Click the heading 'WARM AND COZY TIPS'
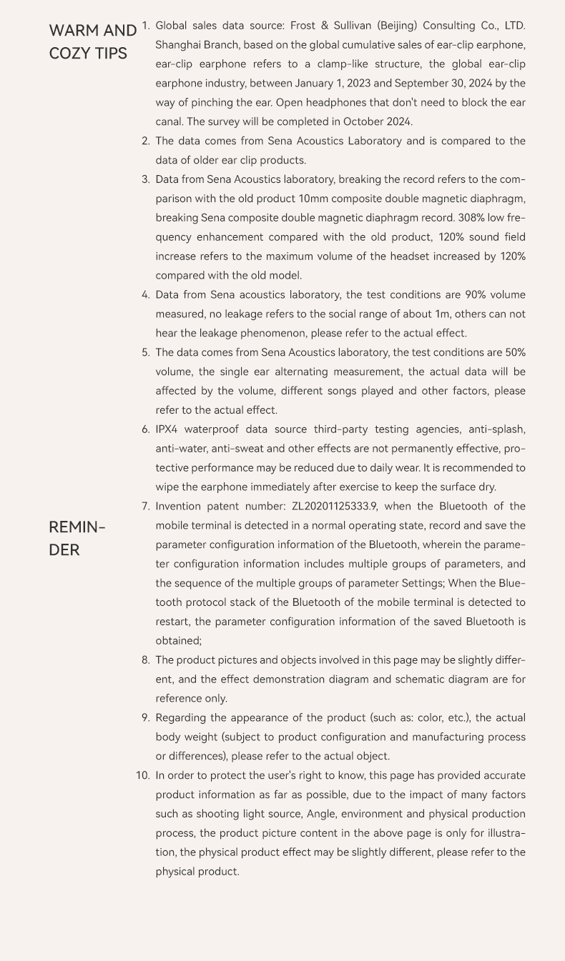click(x=92, y=41)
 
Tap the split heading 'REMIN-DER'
click(x=77, y=538)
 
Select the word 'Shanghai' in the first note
click(x=178, y=45)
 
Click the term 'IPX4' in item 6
click(x=169, y=429)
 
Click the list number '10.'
click(x=143, y=775)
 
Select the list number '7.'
click(x=146, y=507)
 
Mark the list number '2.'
click(x=146, y=141)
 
